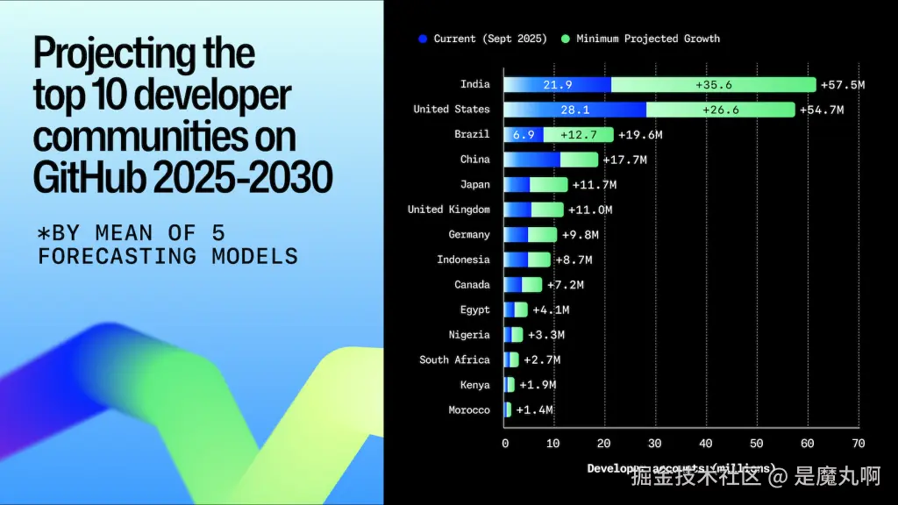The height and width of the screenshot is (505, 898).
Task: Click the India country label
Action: click(x=474, y=84)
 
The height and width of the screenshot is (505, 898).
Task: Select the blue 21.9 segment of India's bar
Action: click(x=557, y=84)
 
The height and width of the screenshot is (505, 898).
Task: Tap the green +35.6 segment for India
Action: click(x=713, y=84)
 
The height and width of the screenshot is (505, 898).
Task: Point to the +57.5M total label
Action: click(x=843, y=84)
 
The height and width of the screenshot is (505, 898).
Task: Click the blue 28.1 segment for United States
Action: click(x=574, y=110)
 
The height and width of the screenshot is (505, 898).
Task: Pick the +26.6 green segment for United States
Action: click(x=720, y=110)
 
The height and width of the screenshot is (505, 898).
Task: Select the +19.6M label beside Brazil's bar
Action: click(x=639, y=135)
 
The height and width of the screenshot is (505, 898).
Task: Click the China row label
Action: click(x=474, y=160)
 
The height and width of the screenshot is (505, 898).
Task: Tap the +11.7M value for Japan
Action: click(x=594, y=185)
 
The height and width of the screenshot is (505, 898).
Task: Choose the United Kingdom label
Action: click(x=448, y=210)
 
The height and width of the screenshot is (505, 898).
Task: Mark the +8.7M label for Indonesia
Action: click(x=574, y=260)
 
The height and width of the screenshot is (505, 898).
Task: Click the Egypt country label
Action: click(x=474, y=309)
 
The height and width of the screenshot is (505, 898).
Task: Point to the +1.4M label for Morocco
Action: click(x=534, y=410)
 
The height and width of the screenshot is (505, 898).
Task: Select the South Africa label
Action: click(x=454, y=359)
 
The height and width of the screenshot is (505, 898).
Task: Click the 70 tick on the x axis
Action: click(x=858, y=444)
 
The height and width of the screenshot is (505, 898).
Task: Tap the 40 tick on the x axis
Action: click(x=706, y=444)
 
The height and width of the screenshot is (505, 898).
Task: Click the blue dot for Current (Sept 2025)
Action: click(x=423, y=39)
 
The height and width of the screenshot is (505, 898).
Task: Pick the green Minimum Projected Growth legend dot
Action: click(x=566, y=39)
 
